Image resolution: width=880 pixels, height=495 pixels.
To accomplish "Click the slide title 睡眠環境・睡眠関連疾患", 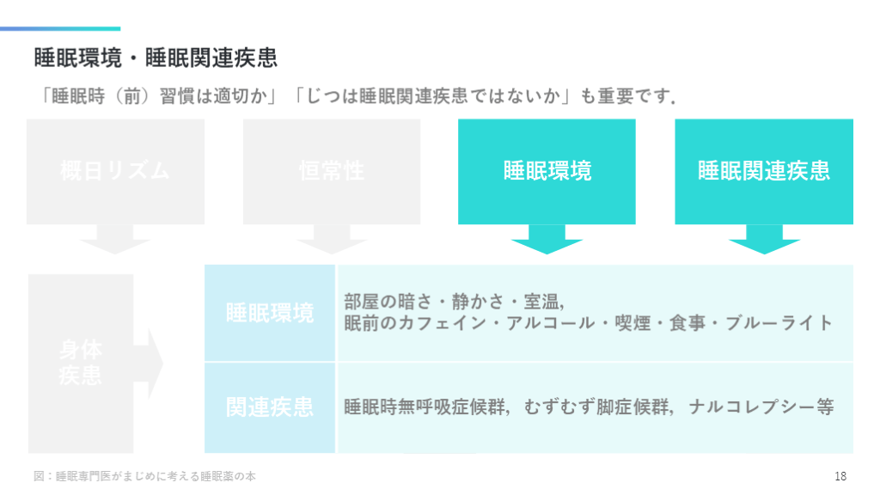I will point(156,58).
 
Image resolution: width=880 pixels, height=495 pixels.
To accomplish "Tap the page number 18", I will point(840,476).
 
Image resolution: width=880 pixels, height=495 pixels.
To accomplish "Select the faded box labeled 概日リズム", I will point(115,170).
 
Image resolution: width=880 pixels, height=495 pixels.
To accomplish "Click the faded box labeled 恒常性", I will point(332,170).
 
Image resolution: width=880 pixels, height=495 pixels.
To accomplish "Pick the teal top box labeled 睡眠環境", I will point(547,170).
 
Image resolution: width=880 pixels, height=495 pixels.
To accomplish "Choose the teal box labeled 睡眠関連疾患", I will point(764,170).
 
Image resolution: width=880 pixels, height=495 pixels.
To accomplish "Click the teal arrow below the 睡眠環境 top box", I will point(547,240).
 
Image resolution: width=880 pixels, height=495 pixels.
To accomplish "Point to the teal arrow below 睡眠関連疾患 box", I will point(764,240).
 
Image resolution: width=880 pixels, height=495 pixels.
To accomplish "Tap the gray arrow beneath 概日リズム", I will point(115,240).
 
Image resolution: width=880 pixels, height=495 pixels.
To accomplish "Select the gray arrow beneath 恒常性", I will point(332,240).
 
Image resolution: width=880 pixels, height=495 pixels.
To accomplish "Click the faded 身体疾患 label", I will point(80,363).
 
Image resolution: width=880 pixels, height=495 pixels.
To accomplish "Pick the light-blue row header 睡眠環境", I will point(270,313).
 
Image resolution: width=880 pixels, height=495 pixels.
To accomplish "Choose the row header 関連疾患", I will point(270,406).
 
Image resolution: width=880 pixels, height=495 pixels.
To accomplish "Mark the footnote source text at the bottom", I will point(144,476).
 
